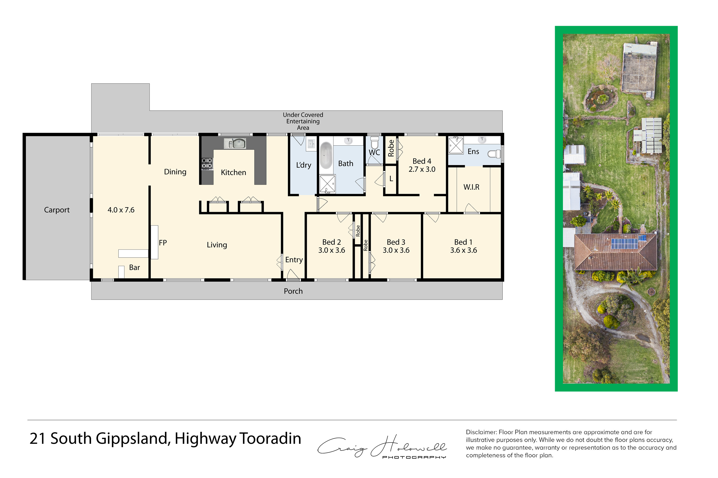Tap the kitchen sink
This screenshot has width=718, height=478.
235,143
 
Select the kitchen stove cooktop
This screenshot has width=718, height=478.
207,163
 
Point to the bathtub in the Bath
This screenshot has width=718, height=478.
326,156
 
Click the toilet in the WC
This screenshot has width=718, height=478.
374,142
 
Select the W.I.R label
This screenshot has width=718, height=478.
471,187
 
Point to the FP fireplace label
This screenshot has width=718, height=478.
163,243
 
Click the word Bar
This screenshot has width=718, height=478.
135,267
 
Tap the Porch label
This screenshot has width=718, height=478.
293,291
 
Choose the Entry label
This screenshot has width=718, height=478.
294,260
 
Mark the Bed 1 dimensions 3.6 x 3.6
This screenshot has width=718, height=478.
464,250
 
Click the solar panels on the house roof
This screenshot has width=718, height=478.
624,244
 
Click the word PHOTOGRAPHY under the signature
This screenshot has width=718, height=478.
414,457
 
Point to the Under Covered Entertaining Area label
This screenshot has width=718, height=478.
303,121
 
